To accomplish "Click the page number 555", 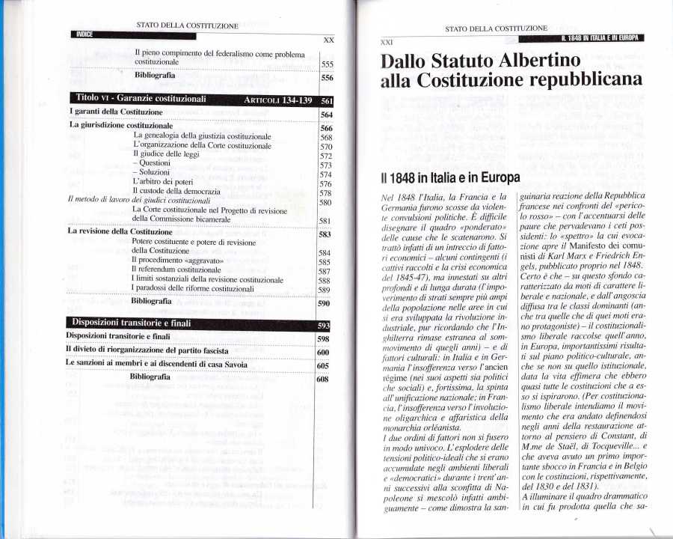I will coord(327,64).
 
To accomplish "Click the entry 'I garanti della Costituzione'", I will coord(110,112).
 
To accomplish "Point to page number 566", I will coord(325,128).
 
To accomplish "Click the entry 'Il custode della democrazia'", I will coord(178,192).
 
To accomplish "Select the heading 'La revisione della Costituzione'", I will coord(120,231).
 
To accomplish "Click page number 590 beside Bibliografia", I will coord(325,305).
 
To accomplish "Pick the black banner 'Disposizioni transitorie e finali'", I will coord(132,323).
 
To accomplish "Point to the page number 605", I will coord(324,366).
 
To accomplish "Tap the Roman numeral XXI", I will coord(387,43).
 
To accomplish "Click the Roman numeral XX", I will coord(328,39).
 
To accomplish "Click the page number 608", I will coord(323,380).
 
